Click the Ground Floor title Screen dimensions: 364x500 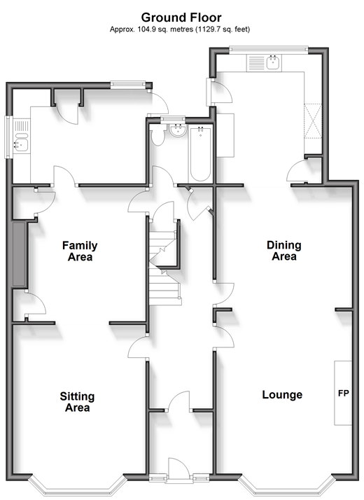pyautogui.click(x=181, y=18)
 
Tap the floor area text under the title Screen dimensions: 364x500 pyautogui.click(x=180, y=29)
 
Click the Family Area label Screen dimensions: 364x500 pyautogui.click(x=80, y=251)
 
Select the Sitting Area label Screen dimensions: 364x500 pyautogui.click(x=77, y=402)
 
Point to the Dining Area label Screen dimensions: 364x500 pyautogui.click(x=284, y=250)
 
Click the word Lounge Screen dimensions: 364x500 pyautogui.click(x=282, y=395)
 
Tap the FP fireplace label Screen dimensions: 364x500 pyautogui.click(x=343, y=393)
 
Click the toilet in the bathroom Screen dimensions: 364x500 pyautogui.click(x=157, y=136)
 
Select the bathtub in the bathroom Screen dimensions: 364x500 pyautogui.click(x=200, y=154)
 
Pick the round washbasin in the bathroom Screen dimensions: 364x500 pyautogui.click(x=177, y=131)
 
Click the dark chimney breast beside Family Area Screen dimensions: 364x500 pyautogui.click(x=19, y=254)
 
